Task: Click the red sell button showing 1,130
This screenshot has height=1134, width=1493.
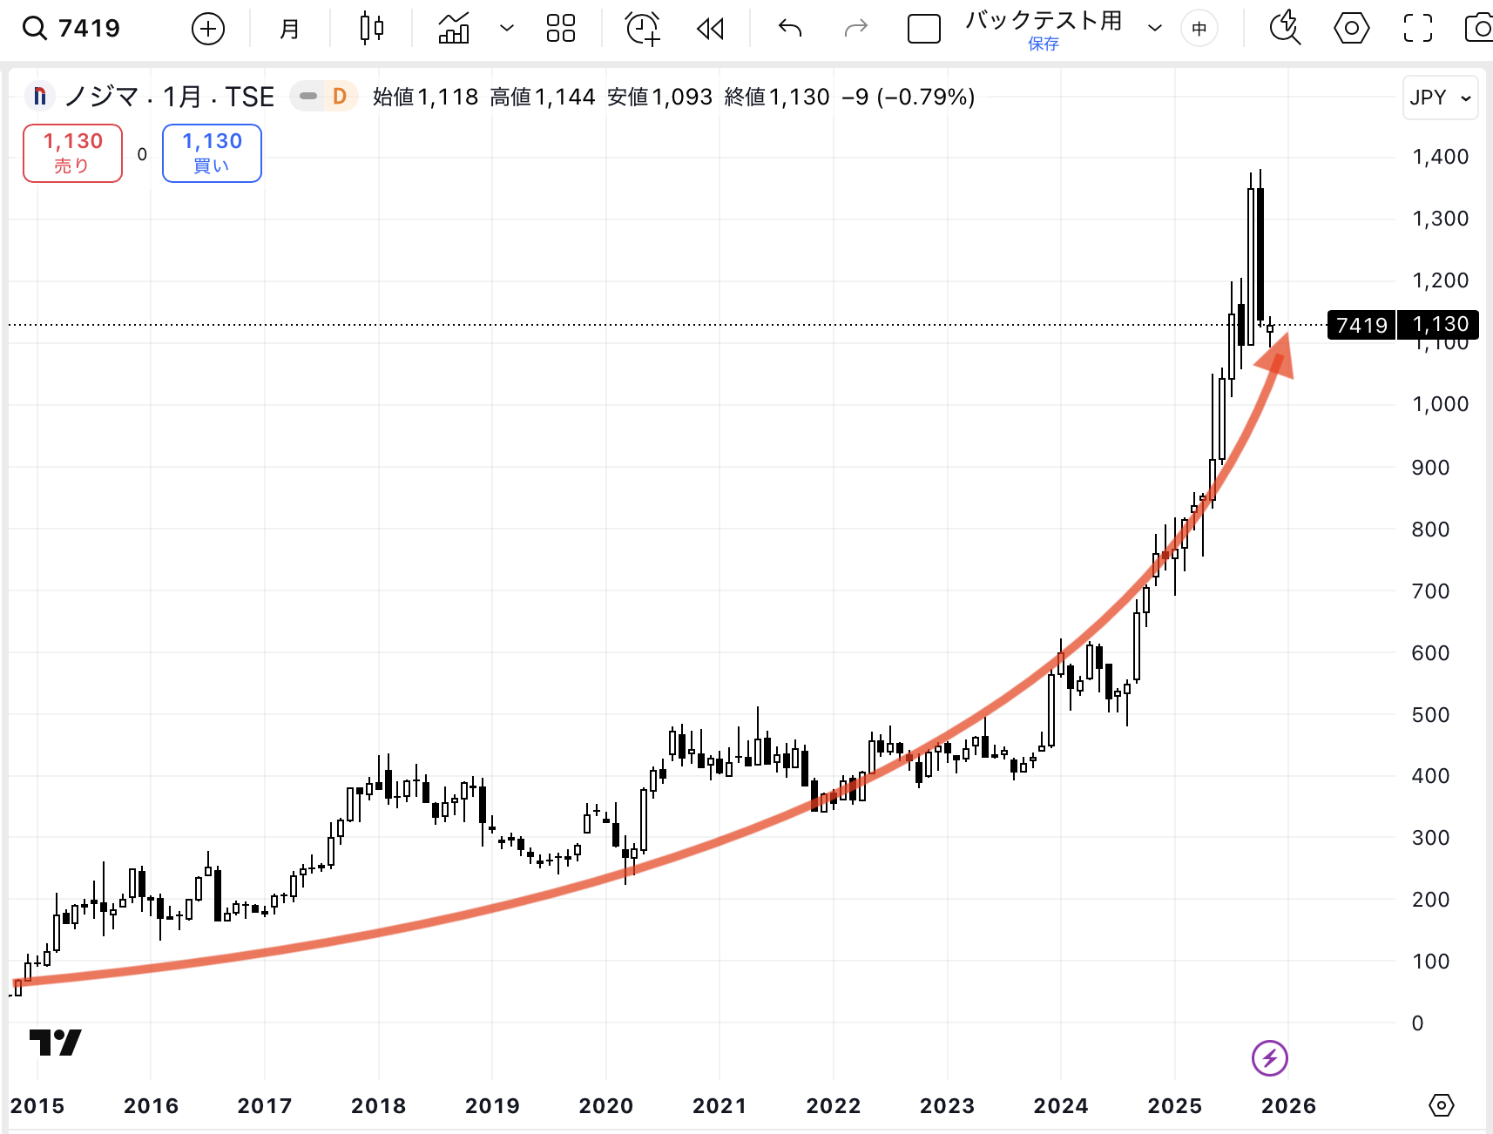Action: [72, 153]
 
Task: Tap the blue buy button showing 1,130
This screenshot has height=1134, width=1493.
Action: [212, 153]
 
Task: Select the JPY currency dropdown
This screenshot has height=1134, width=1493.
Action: [1440, 98]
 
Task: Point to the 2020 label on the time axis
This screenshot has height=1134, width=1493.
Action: [605, 1105]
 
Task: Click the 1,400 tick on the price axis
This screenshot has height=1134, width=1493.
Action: [1440, 157]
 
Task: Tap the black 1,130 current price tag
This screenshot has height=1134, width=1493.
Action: [1439, 325]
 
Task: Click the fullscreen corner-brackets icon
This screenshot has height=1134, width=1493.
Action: [1417, 29]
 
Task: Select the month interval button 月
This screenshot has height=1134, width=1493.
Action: [289, 29]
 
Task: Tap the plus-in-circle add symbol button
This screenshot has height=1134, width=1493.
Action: [207, 29]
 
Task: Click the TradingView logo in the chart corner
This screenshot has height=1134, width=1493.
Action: [55, 1042]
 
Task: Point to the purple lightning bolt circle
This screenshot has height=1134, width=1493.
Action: [1269, 1058]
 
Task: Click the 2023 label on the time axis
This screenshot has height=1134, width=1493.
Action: [947, 1105]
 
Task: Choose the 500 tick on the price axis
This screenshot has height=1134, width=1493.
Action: [1429, 714]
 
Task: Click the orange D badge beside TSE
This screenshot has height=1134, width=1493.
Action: [340, 97]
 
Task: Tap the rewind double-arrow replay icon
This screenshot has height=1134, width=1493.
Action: [711, 29]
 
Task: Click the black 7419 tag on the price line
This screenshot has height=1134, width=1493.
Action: [1361, 325]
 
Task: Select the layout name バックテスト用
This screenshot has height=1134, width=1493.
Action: [1044, 21]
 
